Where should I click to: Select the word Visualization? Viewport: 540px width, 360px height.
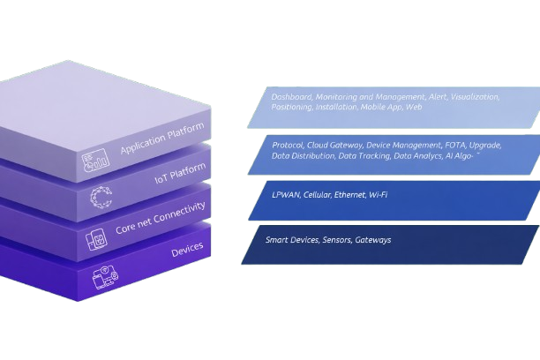[475, 96]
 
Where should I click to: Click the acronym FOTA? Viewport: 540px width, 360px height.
[426, 144]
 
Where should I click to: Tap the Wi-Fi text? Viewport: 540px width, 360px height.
[379, 193]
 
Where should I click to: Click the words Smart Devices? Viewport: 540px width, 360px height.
[289, 239]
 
